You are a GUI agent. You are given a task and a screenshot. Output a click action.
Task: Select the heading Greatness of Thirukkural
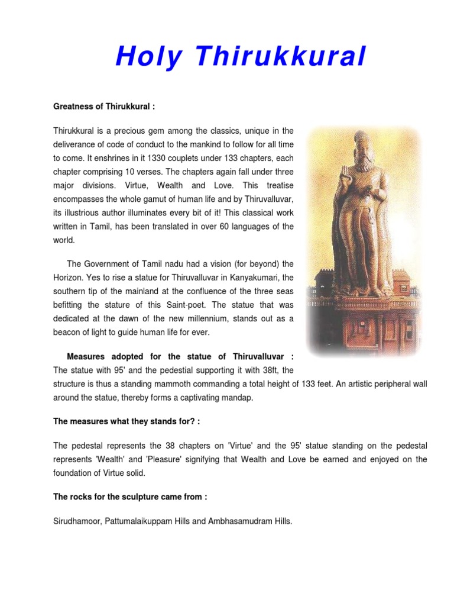(x=104, y=107)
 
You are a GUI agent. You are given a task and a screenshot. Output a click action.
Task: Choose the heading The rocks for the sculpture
(x=130, y=497)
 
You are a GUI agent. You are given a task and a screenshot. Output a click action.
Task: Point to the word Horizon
(x=70, y=278)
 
